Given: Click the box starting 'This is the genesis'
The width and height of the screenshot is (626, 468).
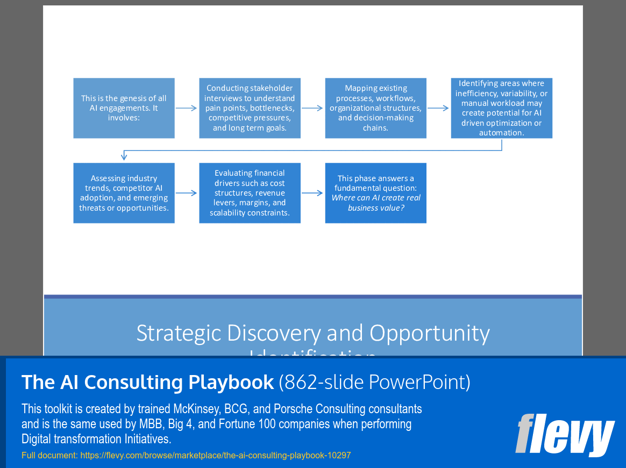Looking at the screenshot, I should (124, 108).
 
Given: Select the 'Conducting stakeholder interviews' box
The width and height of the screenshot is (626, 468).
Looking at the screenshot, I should (250, 108).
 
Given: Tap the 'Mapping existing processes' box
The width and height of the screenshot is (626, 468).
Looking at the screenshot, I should (375, 108).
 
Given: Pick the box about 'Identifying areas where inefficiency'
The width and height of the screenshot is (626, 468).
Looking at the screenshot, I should (501, 108).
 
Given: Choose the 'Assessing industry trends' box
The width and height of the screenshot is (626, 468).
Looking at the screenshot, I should (124, 193).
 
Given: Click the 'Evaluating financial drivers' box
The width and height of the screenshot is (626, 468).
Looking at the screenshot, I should (250, 193).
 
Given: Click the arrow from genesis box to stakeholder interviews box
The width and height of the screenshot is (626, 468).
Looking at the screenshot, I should (187, 108).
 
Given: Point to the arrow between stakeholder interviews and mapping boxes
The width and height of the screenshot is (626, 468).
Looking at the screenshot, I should (312, 108).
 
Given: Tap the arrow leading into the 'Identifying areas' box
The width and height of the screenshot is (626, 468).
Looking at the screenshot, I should (438, 108).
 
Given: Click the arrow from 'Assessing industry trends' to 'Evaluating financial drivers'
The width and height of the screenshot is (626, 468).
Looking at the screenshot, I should (187, 193).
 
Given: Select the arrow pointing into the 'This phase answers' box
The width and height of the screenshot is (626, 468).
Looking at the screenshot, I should (312, 193).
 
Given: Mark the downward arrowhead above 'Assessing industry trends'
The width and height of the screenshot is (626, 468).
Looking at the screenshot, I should (124, 156).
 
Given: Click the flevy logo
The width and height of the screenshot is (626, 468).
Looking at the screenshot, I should (564, 435).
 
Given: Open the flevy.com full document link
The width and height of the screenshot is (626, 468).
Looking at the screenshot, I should (215, 455).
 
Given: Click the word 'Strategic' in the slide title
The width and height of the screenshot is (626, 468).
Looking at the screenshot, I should (179, 333).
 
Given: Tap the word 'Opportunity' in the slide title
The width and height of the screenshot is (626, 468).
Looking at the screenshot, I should (429, 333).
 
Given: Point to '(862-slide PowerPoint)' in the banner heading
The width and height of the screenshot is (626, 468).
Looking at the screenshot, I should (374, 382).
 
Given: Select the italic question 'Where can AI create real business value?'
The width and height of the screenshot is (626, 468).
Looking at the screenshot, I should (375, 203).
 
